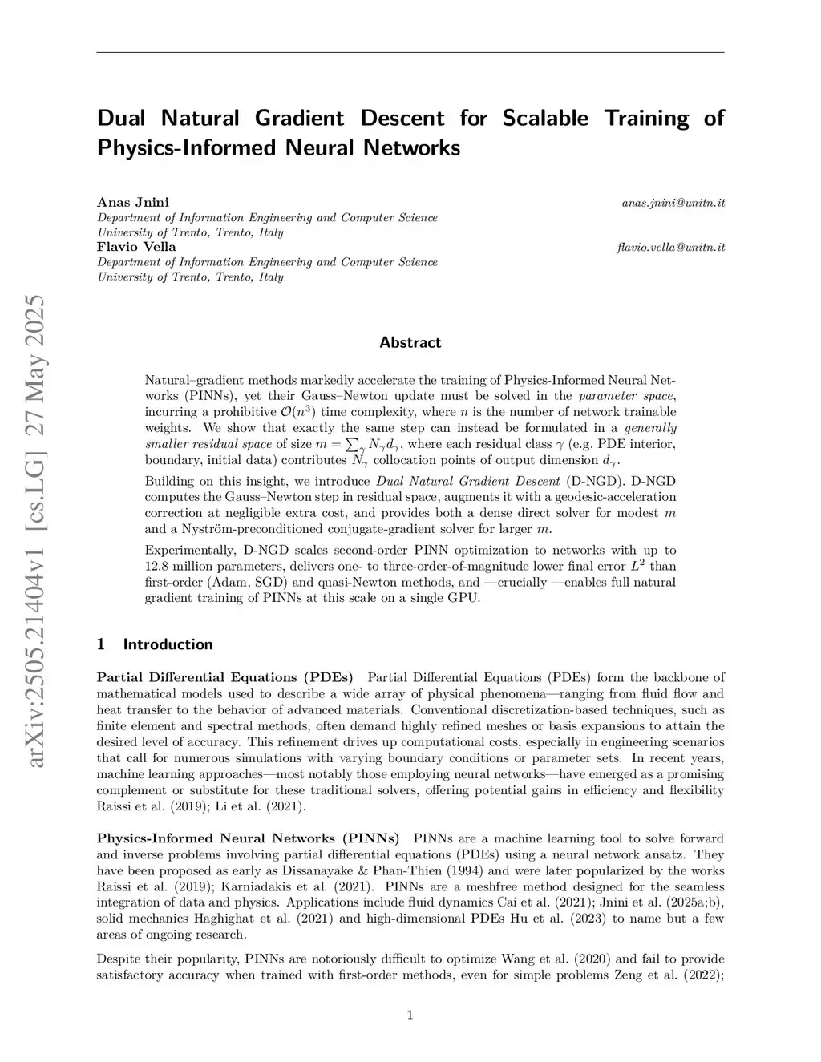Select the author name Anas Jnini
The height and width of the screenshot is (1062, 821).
click(x=133, y=202)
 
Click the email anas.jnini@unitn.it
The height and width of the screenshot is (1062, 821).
click(x=673, y=203)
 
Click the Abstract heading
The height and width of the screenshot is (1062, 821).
click(x=410, y=343)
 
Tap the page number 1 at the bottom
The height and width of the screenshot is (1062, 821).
click(x=410, y=1016)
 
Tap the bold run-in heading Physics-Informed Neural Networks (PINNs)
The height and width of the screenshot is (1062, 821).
click(x=248, y=839)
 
